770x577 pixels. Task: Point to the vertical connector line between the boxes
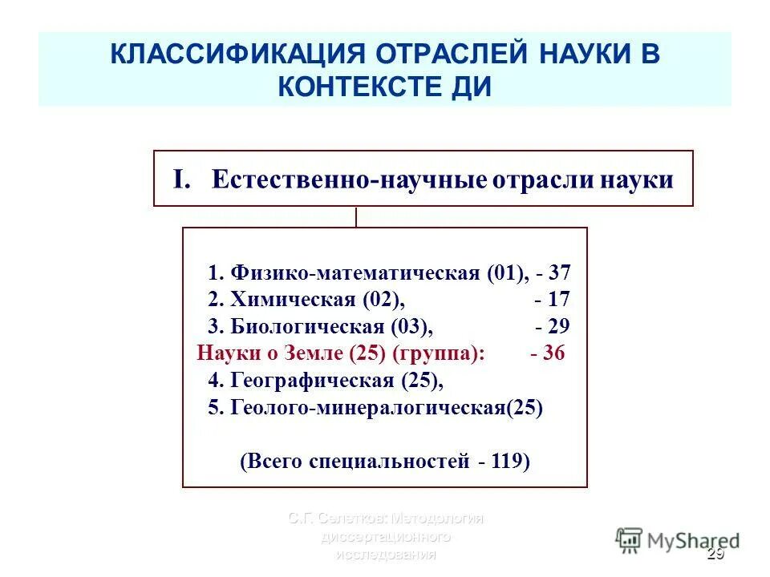(356, 217)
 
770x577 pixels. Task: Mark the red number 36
(553, 353)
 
